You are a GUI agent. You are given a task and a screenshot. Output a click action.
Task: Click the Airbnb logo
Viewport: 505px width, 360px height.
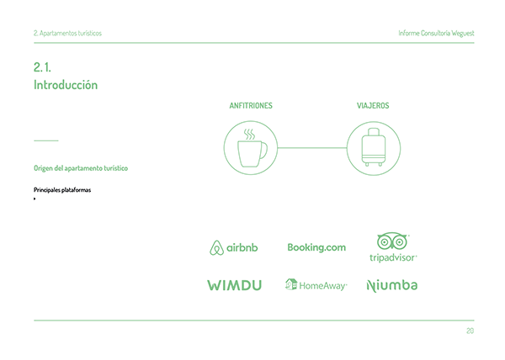pos(233,247)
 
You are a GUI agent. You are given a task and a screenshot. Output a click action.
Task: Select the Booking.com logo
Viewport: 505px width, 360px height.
pos(316,247)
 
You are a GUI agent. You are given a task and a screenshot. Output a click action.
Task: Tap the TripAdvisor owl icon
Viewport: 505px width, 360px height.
pos(393,241)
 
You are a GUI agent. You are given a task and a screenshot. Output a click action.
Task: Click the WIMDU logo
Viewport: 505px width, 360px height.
pos(234,285)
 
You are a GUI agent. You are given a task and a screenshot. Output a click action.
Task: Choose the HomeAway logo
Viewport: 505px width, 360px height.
pos(316,285)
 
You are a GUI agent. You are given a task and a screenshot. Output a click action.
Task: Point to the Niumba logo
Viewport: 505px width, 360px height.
pos(392,285)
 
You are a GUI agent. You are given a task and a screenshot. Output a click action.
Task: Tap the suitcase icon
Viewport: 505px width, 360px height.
pos(373,149)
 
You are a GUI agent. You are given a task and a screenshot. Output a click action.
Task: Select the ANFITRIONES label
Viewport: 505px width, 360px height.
pos(251,106)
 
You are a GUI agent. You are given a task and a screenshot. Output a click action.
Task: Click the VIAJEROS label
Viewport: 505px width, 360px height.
pos(373,106)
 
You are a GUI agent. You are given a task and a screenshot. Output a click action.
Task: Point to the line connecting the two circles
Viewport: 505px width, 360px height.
pos(311,148)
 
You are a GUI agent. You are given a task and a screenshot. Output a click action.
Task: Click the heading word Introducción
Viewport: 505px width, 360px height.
pos(66,85)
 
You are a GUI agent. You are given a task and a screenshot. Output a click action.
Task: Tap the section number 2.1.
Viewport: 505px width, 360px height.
pos(42,67)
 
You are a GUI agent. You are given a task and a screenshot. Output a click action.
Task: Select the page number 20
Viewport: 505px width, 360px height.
pos(469,331)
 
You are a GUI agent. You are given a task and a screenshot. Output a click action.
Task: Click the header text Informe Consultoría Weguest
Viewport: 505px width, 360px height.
pos(436,33)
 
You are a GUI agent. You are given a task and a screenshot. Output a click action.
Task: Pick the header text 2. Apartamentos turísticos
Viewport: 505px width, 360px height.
pos(66,33)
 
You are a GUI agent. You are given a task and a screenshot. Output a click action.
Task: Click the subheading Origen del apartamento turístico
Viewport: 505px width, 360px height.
pos(81,168)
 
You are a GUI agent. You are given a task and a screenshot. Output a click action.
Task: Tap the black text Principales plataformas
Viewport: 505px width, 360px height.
pos(62,190)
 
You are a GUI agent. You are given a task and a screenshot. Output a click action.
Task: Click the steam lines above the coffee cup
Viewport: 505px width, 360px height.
pos(249,133)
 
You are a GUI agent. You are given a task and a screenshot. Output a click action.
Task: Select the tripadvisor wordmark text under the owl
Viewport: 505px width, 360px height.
pos(393,257)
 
